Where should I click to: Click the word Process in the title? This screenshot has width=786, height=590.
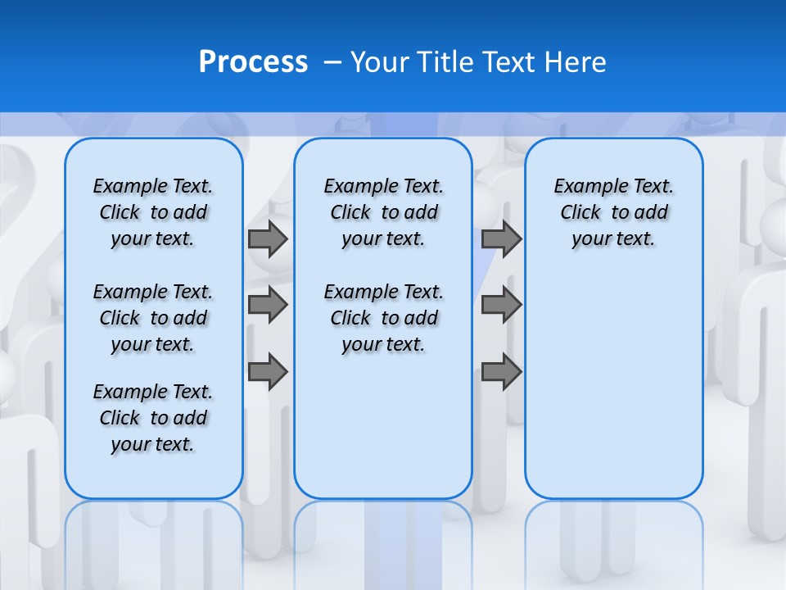pyautogui.click(x=253, y=62)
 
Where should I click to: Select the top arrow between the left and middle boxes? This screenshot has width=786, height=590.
pyautogui.click(x=268, y=239)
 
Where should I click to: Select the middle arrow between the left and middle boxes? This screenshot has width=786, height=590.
pyautogui.click(x=268, y=305)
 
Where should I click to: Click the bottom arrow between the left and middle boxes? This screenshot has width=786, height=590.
pyautogui.click(x=268, y=371)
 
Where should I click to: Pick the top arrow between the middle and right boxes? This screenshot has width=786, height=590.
pyautogui.click(x=501, y=239)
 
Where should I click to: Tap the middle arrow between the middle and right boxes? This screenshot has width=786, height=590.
pyautogui.click(x=501, y=305)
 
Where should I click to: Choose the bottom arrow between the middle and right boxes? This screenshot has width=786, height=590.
pyautogui.click(x=501, y=371)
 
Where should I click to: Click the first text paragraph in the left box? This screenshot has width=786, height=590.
pyautogui.click(x=153, y=212)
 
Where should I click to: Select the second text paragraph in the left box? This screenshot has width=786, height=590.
pyautogui.click(x=153, y=318)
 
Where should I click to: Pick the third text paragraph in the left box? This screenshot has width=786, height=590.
pyautogui.click(x=153, y=418)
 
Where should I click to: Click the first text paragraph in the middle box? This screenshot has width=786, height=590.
pyautogui.click(x=383, y=212)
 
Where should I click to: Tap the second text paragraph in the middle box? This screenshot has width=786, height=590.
pyautogui.click(x=383, y=318)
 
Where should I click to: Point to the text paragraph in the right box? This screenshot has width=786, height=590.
pyautogui.click(x=613, y=212)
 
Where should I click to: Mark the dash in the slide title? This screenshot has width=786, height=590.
pyautogui.click(x=332, y=62)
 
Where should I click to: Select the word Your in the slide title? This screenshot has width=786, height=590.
pyautogui.click(x=381, y=62)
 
